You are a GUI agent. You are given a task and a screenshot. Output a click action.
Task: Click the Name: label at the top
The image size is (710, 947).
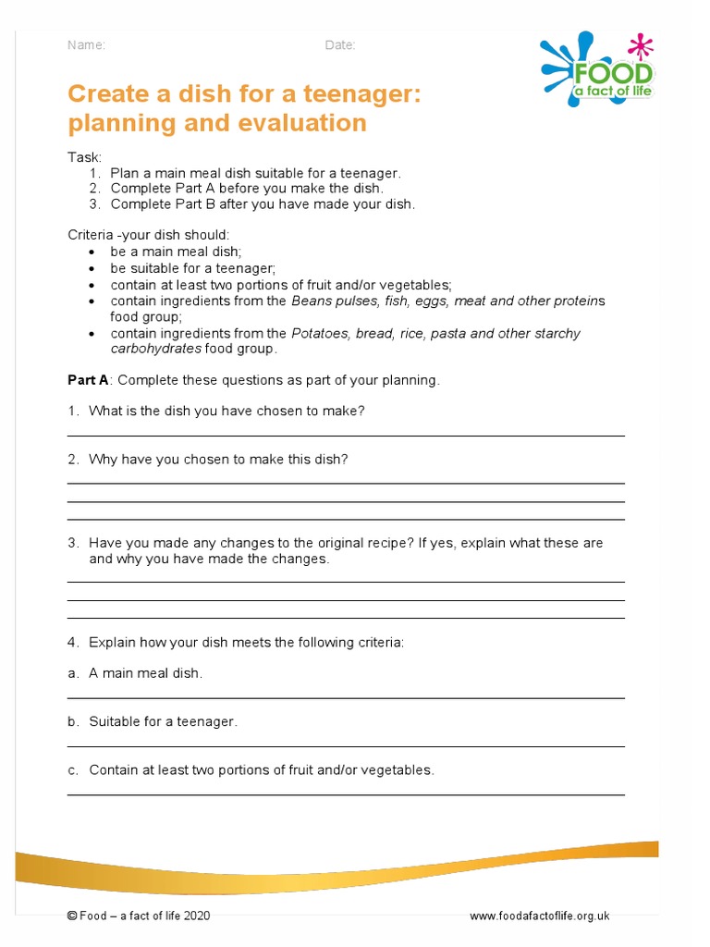(x=87, y=45)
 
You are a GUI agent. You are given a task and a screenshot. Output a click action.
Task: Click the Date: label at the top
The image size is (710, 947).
(x=340, y=45)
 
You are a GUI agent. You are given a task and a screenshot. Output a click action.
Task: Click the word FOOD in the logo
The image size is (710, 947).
(x=613, y=75)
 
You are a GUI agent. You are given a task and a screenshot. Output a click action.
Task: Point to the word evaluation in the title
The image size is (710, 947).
(x=301, y=123)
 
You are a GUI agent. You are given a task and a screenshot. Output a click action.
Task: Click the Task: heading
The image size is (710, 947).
(x=84, y=158)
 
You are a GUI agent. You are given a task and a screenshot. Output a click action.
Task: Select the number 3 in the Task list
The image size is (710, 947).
(x=93, y=204)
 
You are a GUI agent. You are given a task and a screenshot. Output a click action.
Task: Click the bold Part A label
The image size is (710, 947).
(x=89, y=380)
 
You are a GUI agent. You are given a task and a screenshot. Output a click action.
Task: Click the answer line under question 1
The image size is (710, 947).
(x=346, y=435)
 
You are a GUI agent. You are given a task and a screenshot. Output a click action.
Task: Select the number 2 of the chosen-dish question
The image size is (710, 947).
(x=72, y=459)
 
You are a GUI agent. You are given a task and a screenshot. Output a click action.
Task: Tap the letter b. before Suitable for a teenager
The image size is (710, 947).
(x=72, y=721)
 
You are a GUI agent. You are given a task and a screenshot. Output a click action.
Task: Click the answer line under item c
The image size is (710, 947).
(x=346, y=794)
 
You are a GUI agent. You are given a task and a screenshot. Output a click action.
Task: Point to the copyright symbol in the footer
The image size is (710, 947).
(x=72, y=916)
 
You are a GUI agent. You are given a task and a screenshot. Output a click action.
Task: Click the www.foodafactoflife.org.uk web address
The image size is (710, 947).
(x=539, y=916)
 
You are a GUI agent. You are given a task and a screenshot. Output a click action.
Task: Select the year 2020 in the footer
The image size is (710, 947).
(x=197, y=916)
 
